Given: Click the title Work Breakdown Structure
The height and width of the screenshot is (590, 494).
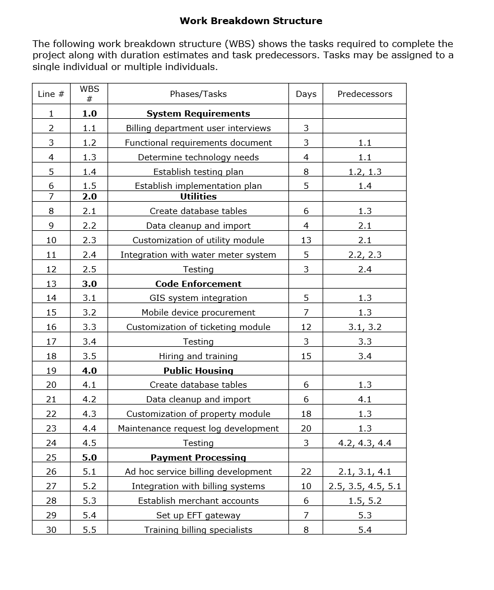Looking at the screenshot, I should pyautogui.click(x=251, y=21).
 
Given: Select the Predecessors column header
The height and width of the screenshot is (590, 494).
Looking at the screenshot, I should pyautogui.click(x=365, y=94).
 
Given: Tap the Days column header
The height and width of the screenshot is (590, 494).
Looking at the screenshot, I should pyautogui.click(x=306, y=94).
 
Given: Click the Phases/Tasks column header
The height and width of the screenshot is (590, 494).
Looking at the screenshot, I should pyautogui.click(x=198, y=94).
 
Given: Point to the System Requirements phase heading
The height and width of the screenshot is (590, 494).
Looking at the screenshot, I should pyautogui.click(x=198, y=114).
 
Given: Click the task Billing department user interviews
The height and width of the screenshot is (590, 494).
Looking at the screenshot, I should pyautogui.click(x=198, y=128).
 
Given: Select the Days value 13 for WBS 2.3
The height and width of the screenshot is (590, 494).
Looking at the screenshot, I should pyautogui.click(x=306, y=240).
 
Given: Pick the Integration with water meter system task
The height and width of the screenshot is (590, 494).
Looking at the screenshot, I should pyautogui.click(x=198, y=255).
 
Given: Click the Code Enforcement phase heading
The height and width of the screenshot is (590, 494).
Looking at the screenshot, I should pyautogui.click(x=198, y=284).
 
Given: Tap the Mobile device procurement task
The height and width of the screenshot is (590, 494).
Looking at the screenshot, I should pyautogui.click(x=198, y=313).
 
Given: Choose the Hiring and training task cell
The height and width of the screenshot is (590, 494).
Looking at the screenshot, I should pyautogui.click(x=198, y=356).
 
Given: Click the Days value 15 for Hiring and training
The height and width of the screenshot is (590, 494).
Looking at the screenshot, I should pyautogui.click(x=306, y=356).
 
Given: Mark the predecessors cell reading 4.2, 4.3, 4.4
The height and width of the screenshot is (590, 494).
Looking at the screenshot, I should pyautogui.click(x=365, y=443).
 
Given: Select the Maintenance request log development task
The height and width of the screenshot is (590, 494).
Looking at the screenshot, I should pyautogui.click(x=198, y=429).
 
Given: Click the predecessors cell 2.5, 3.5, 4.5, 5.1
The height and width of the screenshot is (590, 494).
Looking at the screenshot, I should pyautogui.click(x=365, y=486).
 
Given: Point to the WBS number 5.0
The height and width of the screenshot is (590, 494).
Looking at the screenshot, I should pyautogui.click(x=90, y=458).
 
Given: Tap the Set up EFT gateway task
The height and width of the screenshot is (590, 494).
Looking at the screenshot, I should pyautogui.click(x=198, y=515).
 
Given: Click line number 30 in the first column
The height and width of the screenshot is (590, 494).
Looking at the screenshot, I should pyautogui.click(x=51, y=530).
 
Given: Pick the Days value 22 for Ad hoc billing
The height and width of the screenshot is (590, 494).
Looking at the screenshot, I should pyautogui.click(x=306, y=472).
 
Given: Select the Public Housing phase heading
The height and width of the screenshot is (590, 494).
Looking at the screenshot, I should pyautogui.click(x=198, y=371).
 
